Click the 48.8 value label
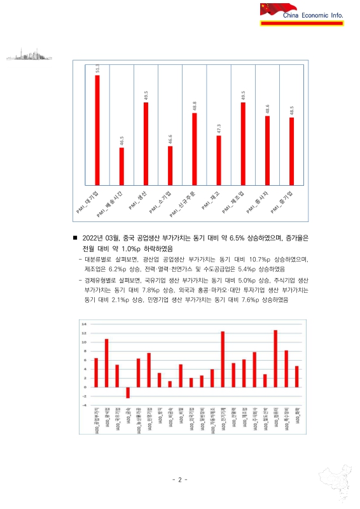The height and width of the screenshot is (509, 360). [x=194, y=106]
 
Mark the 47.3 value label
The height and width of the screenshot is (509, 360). [x=218, y=129]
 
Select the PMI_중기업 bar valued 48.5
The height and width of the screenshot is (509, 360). [x=291, y=150]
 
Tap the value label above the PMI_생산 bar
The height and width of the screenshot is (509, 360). [x=146, y=96]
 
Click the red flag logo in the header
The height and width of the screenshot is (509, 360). [x=270, y=9]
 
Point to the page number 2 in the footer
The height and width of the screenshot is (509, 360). [x=180, y=479]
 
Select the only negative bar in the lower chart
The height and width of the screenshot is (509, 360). [x=127, y=393]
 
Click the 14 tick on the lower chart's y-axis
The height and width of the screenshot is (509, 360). [x=83, y=324]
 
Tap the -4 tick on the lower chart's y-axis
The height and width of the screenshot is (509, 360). [x=83, y=405]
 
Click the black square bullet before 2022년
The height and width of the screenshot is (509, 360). [x=75, y=238]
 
